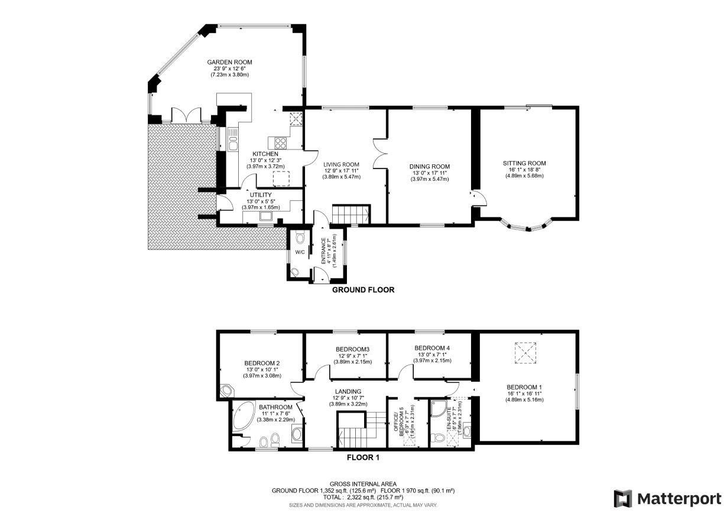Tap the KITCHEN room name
(265, 154)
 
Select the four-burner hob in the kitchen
(278, 142)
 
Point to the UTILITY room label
(260, 194)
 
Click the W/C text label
(300, 253)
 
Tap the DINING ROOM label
(430, 167)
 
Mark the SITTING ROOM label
(524, 163)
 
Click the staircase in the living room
(350, 214)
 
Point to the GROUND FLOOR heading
(362, 290)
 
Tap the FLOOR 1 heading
(363, 457)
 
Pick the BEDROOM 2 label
(262, 363)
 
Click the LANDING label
(348, 391)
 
